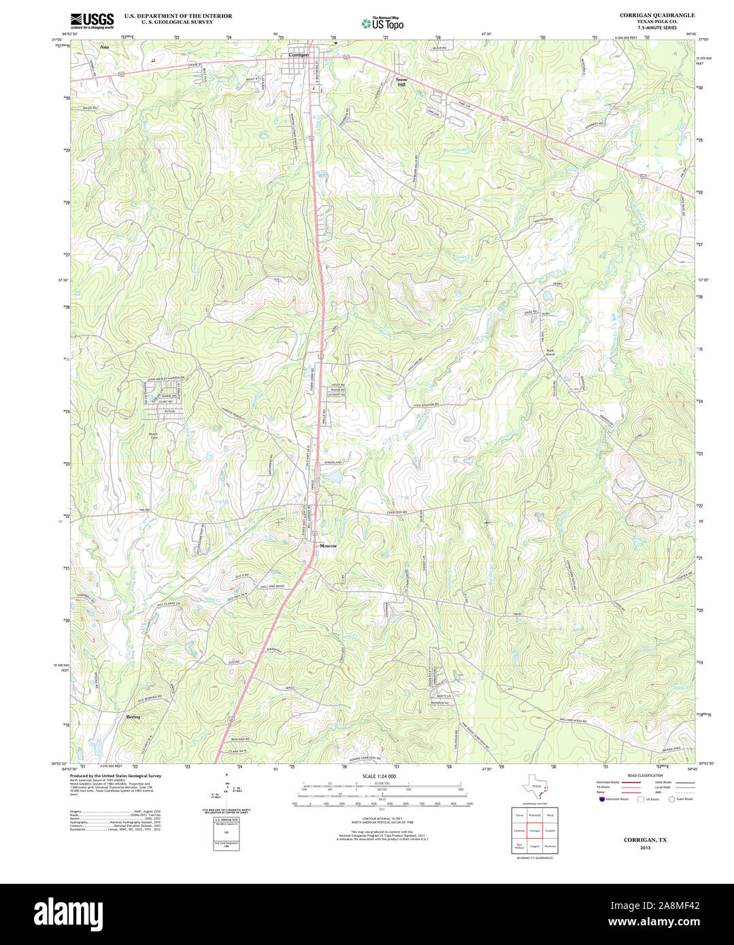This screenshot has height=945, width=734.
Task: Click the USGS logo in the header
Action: click(x=93, y=20)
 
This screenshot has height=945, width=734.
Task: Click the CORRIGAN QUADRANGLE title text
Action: click(x=657, y=15)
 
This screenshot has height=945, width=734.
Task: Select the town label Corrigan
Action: click(x=299, y=54)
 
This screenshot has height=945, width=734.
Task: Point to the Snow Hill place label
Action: click(x=401, y=82)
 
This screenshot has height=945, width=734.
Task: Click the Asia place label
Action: click(x=104, y=48)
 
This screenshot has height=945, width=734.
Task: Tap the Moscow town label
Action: click(x=328, y=546)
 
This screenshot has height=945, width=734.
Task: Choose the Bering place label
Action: click(x=133, y=717)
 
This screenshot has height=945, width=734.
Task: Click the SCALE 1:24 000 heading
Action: click(x=379, y=776)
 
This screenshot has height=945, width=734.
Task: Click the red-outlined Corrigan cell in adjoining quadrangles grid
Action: click(x=535, y=831)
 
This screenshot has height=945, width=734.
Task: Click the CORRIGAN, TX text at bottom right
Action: click(x=645, y=840)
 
